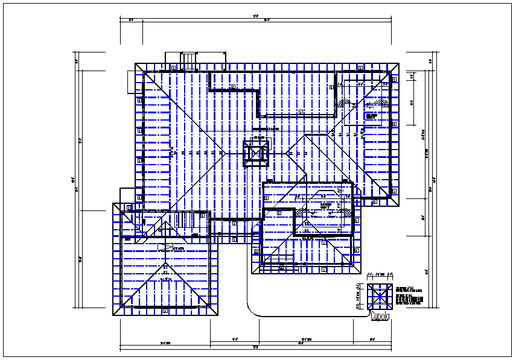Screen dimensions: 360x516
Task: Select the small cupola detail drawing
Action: click(380, 296)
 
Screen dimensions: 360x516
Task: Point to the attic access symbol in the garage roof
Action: click(165, 247)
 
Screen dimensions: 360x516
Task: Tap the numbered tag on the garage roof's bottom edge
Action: click(165, 311)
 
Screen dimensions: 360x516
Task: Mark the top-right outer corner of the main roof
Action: click(400, 62)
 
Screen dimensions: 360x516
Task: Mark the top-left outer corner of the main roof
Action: click(135, 63)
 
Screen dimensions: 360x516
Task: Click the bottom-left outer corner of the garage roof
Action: click(113, 316)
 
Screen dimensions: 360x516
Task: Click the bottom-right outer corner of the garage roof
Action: click(220, 316)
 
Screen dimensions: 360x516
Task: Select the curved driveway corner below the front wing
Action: click(253, 308)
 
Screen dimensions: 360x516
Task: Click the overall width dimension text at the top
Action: click(256, 16)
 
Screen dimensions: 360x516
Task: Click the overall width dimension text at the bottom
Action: click(256, 348)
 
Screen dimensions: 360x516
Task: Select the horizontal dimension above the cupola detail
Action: click(380, 275)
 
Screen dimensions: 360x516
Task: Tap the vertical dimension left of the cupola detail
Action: click(358, 296)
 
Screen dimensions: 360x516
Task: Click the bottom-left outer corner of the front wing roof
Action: click(251, 274)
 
